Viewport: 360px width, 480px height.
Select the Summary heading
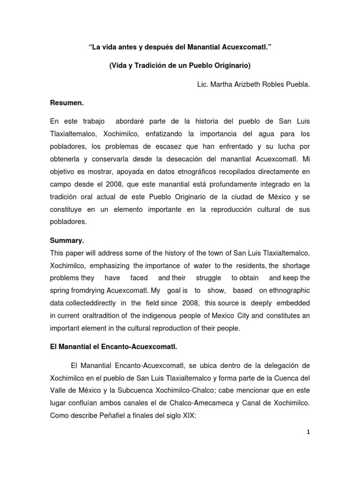click(x=67, y=240)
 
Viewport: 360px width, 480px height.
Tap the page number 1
click(x=307, y=433)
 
